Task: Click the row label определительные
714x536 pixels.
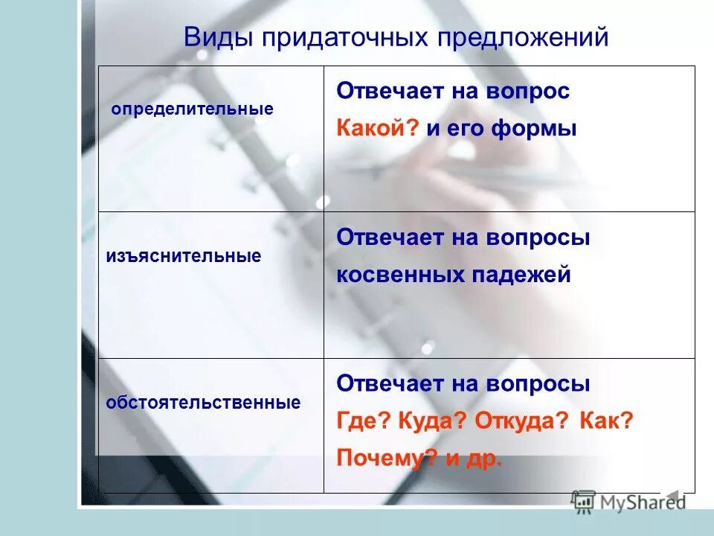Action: coord(193,109)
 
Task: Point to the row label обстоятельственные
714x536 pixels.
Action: coord(203,403)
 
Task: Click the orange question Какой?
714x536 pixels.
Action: coord(379,128)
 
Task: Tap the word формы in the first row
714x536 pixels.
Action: coord(534,128)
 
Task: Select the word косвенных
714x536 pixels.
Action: coord(399,275)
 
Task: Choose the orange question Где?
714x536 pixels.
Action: coord(364,421)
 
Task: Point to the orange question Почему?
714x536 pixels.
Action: coord(386,458)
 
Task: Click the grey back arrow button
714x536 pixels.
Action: coord(672,496)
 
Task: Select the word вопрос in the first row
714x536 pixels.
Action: coord(528,92)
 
